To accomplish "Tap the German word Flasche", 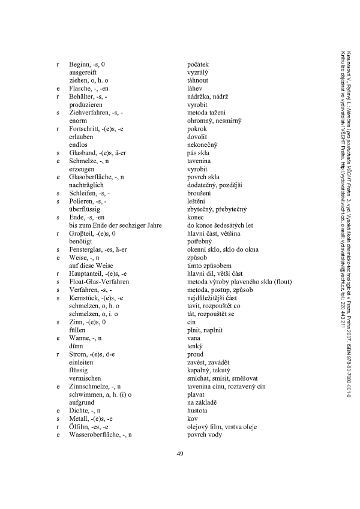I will pos(80,88).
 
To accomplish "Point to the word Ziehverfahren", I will pos(89,112).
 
